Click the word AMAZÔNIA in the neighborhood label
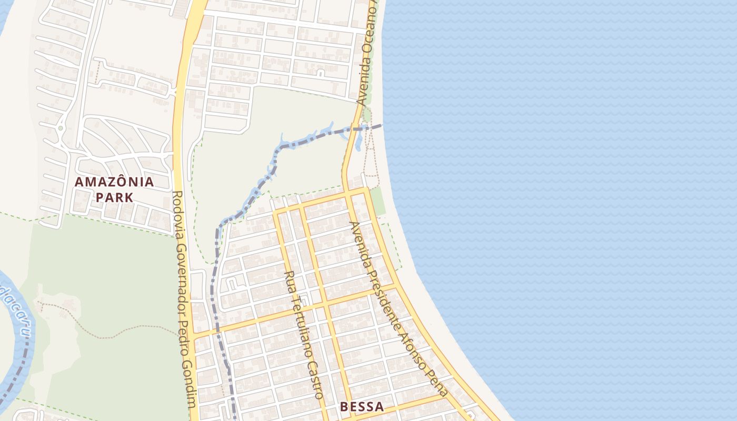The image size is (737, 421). pyautogui.click(x=114, y=182)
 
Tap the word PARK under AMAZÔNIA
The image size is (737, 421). pyautogui.click(x=114, y=198)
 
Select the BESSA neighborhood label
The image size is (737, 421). pyautogui.click(x=362, y=407)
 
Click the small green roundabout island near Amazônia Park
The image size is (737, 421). pyautogui.click(x=61, y=128)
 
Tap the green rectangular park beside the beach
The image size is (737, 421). pyautogui.click(x=377, y=201)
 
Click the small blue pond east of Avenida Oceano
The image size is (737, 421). pyautogui.click(x=358, y=142)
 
